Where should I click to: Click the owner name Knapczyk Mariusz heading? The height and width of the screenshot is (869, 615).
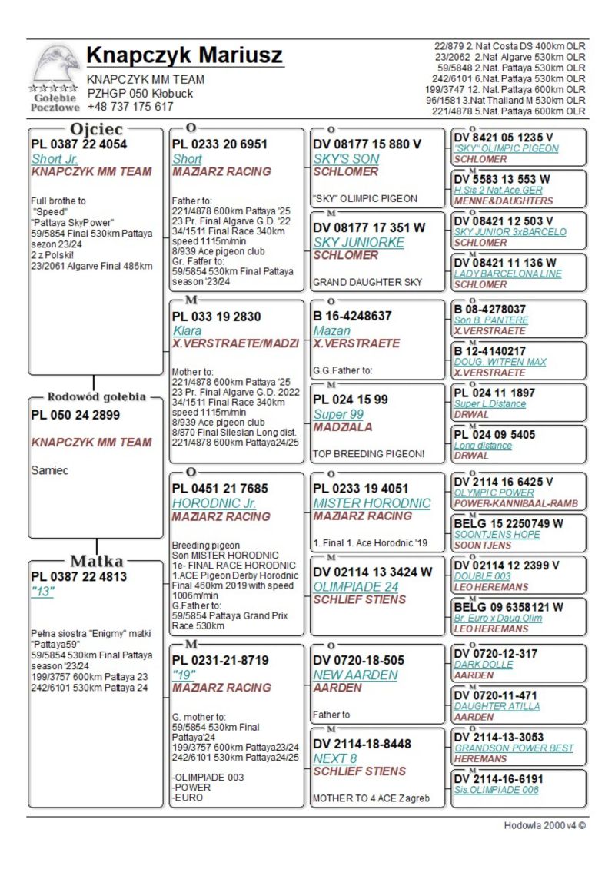point(184,56)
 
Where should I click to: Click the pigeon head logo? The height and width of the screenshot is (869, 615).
point(55,65)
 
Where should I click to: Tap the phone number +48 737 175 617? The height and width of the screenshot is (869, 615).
point(130,107)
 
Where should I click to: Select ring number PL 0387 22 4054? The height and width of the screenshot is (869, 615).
point(79,144)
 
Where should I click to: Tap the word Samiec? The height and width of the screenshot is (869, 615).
point(50,470)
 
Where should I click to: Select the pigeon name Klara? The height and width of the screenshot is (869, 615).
point(187,330)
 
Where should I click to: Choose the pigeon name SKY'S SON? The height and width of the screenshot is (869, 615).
point(347,158)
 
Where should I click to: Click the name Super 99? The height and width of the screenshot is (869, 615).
point(339,414)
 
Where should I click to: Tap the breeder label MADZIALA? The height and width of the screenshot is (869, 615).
point(344,426)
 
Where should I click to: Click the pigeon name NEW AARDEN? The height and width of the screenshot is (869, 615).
point(355,675)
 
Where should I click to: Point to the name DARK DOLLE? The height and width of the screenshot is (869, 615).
point(483,665)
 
